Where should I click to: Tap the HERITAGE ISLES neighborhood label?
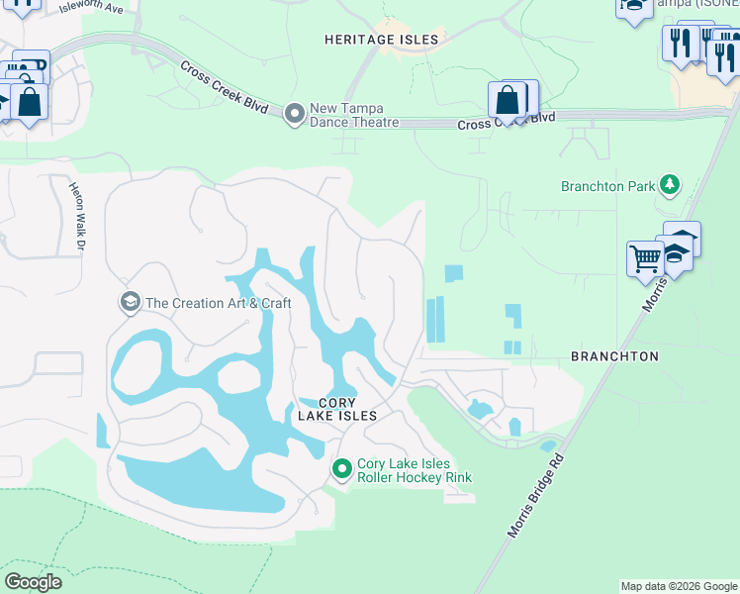[381, 40]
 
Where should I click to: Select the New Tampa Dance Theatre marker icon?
[294, 115]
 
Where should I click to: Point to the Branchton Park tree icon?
[671, 184]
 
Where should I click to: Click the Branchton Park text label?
[608, 185]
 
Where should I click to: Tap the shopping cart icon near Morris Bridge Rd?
[645, 258]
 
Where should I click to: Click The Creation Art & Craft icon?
[130, 302]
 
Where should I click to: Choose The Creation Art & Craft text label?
[219, 303]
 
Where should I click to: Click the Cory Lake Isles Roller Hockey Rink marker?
[342, 469]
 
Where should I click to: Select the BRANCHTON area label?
[614, 355]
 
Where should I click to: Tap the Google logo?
[33, 581]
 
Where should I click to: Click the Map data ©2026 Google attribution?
[679, 586]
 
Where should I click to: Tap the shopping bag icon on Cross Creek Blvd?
[508, 100]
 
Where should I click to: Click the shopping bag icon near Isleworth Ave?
[30, 102]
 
